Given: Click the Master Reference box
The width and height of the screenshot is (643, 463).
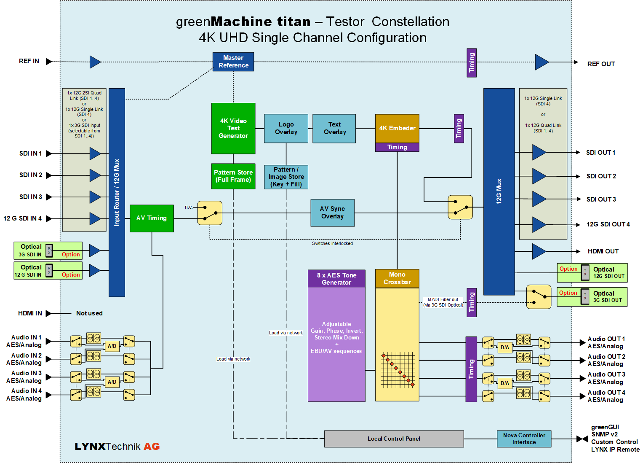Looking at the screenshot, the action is (233, 62).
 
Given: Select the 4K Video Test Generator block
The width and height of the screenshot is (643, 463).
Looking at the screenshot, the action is (233, 128).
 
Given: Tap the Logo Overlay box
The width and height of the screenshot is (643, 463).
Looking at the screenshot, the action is (286, 128).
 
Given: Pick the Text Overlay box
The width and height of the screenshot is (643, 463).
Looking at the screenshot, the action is (334, 128).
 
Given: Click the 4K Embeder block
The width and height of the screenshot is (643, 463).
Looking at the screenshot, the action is (397, 128).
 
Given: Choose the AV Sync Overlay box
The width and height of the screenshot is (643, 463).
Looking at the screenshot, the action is (332, 213).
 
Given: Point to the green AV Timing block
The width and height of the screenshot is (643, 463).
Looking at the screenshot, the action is (152, 218).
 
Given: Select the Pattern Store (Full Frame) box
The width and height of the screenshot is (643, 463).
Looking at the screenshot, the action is (233, 176).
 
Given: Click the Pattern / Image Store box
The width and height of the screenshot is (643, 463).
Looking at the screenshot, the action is (286, 177).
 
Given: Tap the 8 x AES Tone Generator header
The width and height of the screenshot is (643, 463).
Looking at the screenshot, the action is (336, 278).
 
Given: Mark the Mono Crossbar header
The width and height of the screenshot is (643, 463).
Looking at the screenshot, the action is (397, 278).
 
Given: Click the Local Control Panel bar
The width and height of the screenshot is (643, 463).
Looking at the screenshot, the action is (394, 439).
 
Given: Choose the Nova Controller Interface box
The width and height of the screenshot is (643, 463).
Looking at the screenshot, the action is (524, 439).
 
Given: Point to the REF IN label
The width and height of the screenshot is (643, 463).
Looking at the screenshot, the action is (29, 61).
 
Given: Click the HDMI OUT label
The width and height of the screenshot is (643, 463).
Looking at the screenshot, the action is (603, 251).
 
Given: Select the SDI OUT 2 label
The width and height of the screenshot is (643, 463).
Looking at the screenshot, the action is (601, 176).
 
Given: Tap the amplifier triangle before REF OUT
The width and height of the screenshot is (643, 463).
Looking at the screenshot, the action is (542, 62).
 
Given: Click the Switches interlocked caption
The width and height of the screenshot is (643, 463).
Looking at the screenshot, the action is (332, 243).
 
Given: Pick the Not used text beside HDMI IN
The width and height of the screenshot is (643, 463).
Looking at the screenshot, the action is (89, 313).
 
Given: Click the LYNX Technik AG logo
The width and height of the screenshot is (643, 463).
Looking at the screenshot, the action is (117, 446).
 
